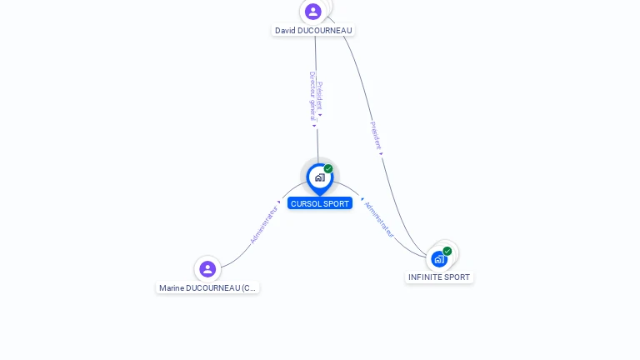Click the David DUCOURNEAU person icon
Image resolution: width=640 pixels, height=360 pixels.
tap(312, 12)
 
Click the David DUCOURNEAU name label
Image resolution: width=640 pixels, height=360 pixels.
tap(313, 31)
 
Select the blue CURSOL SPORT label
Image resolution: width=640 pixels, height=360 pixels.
tap(320, 203)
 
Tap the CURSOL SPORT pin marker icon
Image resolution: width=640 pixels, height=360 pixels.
tap(319, 177)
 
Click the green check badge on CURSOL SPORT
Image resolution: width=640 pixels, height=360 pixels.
tap(328, 169)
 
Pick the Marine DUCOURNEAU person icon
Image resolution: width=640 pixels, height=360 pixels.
tap(207, 268)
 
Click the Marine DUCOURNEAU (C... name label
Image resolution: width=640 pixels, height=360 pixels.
tap(207, 288)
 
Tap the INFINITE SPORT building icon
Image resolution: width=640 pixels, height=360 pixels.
tap(439, 259)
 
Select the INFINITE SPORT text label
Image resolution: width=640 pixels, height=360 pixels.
tap(439, 277)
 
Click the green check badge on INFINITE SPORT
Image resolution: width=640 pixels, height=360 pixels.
tap(447, 251)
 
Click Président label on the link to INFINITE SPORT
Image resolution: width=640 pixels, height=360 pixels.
tap(374, 135)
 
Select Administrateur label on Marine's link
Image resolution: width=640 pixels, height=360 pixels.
tap(264, 224)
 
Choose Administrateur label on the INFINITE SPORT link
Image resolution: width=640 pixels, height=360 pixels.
tap(379, 219)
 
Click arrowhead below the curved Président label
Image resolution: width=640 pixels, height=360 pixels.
tap(381, 153)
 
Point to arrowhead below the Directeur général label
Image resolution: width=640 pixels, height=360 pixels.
tap(314, 126)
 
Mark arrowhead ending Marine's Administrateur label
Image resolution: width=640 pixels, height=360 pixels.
tap(279, 202)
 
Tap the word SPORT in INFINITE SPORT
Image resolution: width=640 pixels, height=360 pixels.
tap(457, 277)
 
